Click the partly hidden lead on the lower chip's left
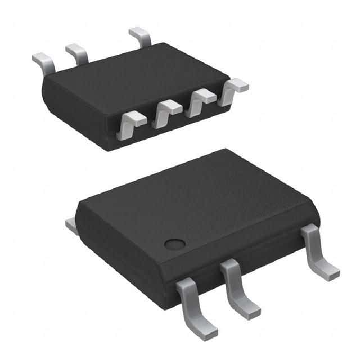pos(71,226)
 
